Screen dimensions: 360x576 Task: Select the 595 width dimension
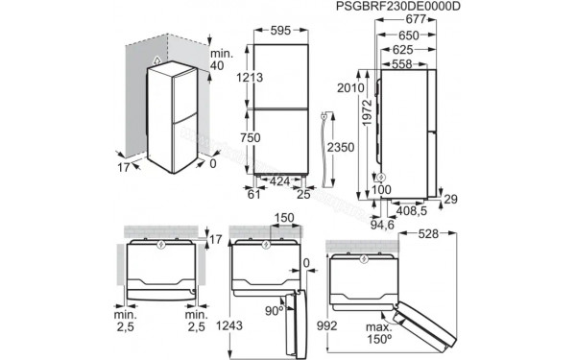(280, 31)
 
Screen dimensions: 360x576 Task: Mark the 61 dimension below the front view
(253, 196)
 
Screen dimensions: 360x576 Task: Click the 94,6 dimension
(384, 226)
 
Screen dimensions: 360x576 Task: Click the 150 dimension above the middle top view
(281, 219)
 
